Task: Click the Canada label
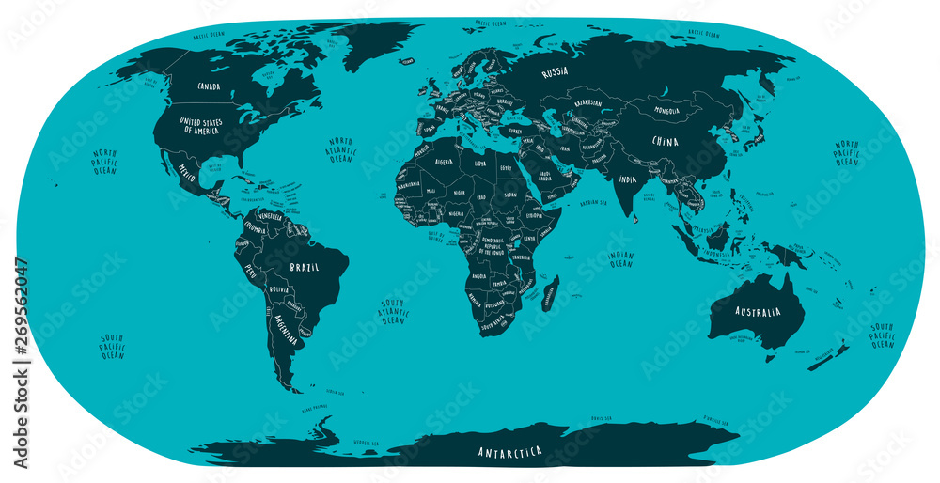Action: tap(208, 86)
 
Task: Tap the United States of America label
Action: tap(203, 127)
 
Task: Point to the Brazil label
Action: tap(304, 267)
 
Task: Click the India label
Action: tap(626, 179)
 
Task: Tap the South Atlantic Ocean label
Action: tap(392, 311)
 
